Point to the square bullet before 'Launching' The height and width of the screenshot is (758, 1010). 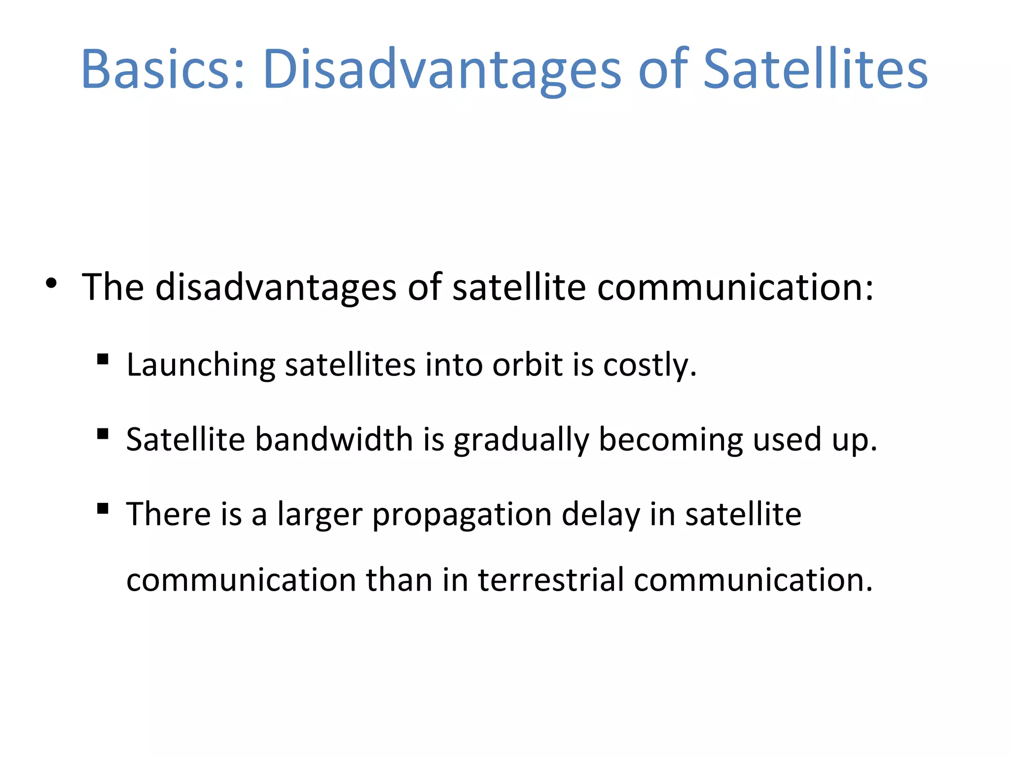click(103, 359)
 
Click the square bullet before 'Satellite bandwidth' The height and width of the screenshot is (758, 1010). click(103, 434)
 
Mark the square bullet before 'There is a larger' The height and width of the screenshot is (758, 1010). click(103, 509)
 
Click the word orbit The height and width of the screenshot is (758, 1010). click(528, 365)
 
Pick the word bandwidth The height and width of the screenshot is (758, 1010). click(334, 439)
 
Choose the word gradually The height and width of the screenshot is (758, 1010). click(521, 440)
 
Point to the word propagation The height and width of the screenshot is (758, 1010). click(462, 515)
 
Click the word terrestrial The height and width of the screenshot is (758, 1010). click(551, 579)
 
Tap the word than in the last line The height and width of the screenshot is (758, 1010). click(399, 579)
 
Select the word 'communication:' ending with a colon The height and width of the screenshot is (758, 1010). click(735, 287)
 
